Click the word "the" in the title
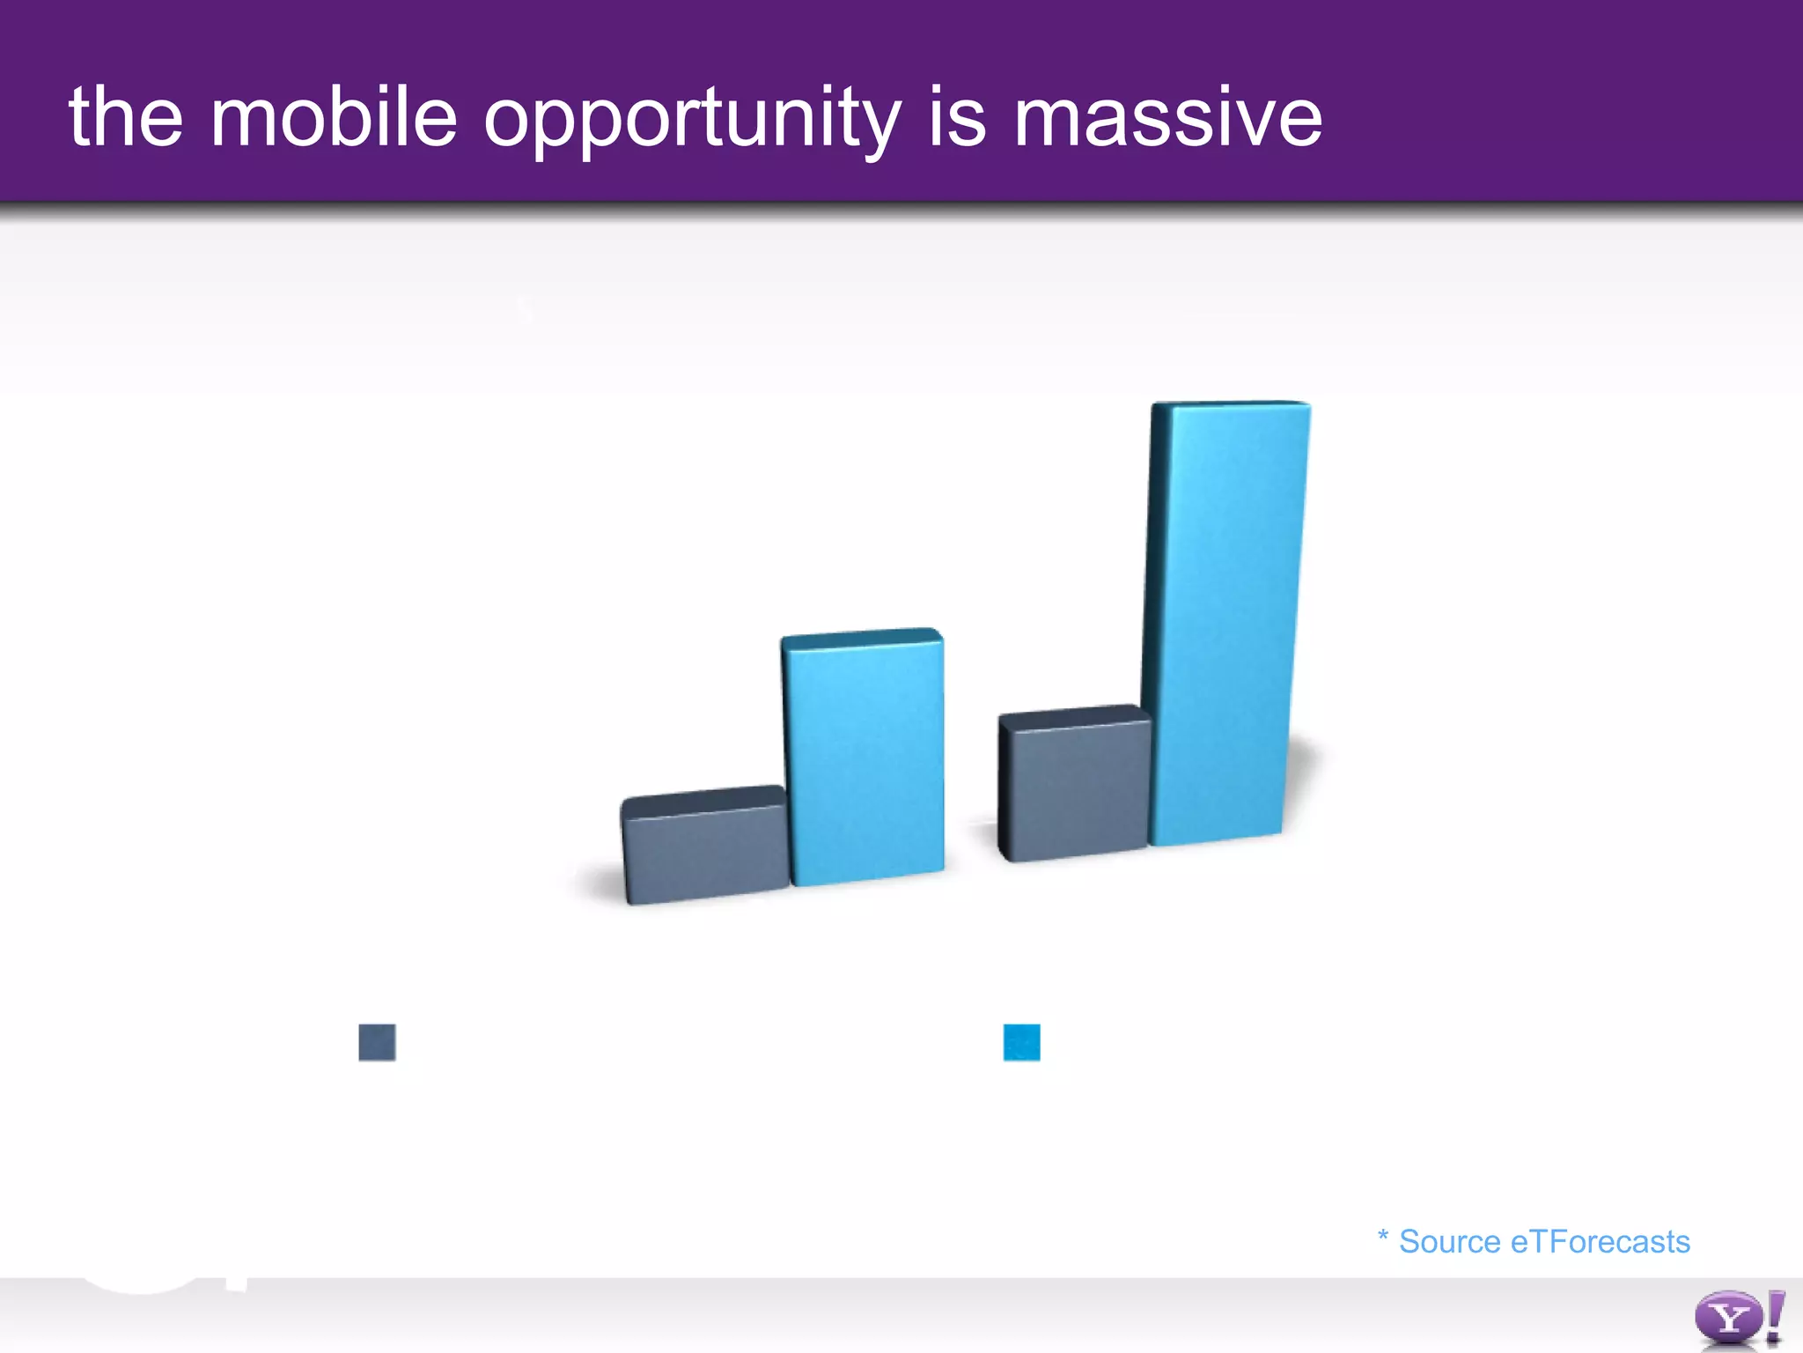[x=126, y=117]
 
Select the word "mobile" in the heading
[x=334, y=117]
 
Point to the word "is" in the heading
[x=957, y=117]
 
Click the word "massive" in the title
[x=1167, y=119]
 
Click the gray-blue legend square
[x=377, y=1042]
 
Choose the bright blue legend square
[x=1021, y=1042]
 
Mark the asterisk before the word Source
[x=1382, y=1235]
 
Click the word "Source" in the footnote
[x=1449, y=1242]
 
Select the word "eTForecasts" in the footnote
[x=1601, y=1242]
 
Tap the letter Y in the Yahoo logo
[x=1728, y=1319]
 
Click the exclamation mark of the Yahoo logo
[x=1776, y=1317]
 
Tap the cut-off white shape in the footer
[x=145, y=1285]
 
